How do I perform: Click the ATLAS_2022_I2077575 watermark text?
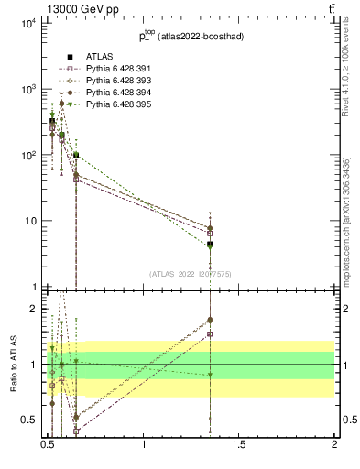click(x=190, y=274)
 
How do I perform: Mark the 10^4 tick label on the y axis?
click(x=27, y=23)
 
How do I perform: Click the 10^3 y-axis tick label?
click(x=27, y=89)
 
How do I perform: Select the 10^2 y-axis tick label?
click(x=27, y=155)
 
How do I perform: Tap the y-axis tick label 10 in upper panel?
click(x=29, y=221)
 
